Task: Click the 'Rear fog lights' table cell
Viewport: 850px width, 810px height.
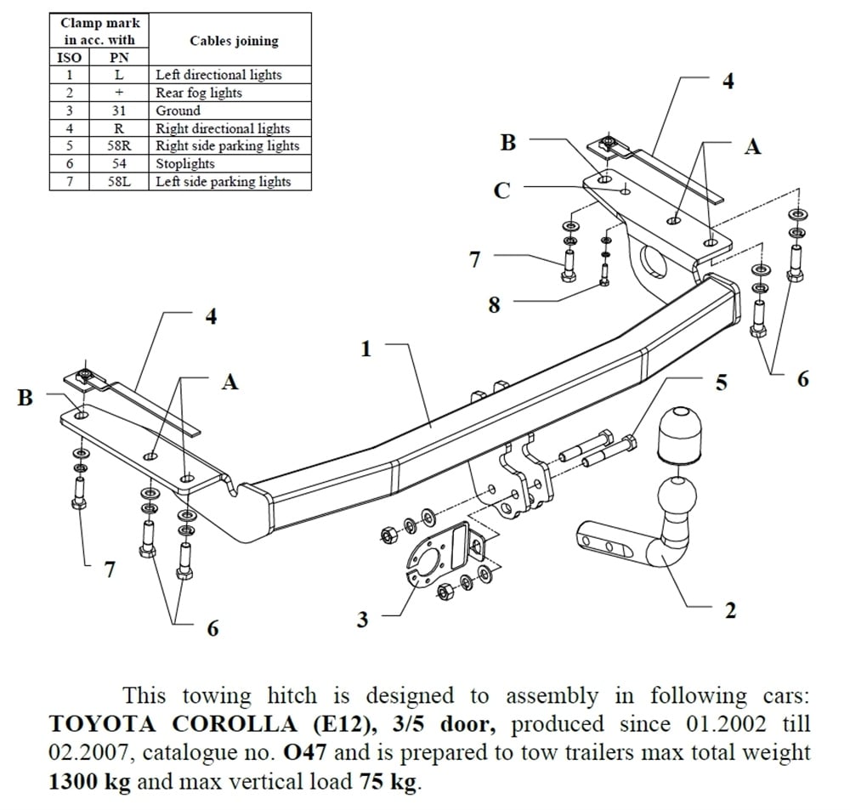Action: pyautogui.click(x=199, y=93)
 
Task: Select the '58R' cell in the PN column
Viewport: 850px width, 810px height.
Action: pyautogui.click(x=120, y=146)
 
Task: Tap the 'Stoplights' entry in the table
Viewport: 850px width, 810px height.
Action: pyautogui.click(x=185, y=164)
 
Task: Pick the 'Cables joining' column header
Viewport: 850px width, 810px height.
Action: pyautogui.click(x=234, y=41)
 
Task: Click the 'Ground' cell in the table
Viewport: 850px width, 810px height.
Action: pyautogui.click(x=178, y=110)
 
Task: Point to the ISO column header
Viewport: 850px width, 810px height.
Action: pyautogui.click(x=70, y=58)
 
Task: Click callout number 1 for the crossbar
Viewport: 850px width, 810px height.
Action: pyautogui.click(x=366, y=348)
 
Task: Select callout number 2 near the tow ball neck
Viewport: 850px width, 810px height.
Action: pyautogui.click(x=729, y=610)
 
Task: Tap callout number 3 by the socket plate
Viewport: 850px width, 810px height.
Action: pyautogui.click(x=363, y=620)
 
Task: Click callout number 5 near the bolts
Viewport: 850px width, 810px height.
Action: pyautogui.click(x=721, y=382)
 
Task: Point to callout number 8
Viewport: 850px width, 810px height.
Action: pyautogui.click(x=495, y=305)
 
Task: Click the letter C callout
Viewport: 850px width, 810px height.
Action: pyautogui.click(x=502, y=190)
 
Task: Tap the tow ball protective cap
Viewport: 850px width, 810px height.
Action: pyautogui.click(x=679, y=434)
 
